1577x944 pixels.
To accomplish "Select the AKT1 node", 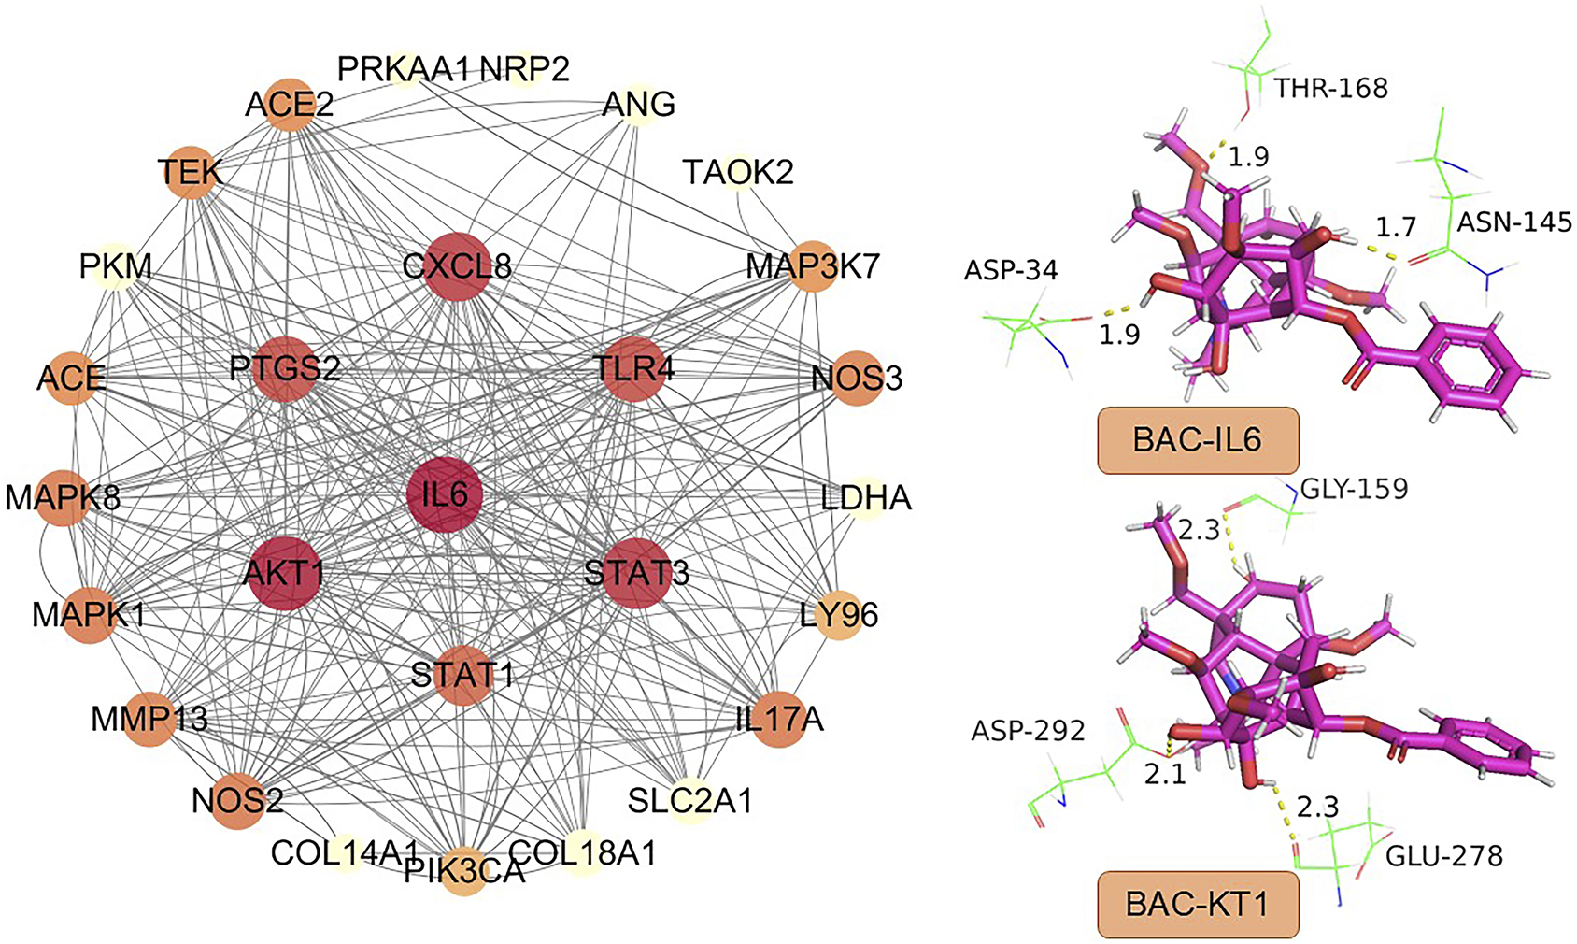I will coord(283,572).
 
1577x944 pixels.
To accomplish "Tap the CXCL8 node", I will coord(457,266).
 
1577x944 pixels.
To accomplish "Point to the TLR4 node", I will coord(635,368).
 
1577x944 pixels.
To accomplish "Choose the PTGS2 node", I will coord(284,368).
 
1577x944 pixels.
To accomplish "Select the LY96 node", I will coord(839,615).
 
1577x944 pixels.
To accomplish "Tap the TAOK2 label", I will coord(738,172).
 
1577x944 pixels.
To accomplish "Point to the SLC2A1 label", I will coord(689,801).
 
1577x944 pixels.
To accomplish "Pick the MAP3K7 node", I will coord(813,267).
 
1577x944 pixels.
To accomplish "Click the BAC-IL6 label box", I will coord(1197,439).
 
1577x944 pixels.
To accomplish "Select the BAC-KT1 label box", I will coord(1197,904).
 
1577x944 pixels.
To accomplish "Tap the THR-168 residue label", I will coord(1331,88).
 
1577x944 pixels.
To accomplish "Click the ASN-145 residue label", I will coord(1514,222).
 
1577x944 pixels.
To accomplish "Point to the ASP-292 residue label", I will coord(1028,730).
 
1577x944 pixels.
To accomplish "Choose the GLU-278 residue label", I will coord(1443,855).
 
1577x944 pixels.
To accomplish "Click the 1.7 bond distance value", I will coord(1396,226).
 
